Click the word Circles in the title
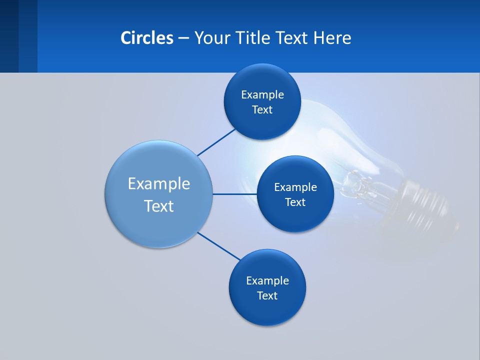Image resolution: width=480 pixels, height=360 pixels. point(146,38)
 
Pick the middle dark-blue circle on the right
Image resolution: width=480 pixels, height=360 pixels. point(295,217)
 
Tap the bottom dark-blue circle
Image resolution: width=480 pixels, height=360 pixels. point(267,310)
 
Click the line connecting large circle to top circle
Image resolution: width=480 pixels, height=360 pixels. point(216,142)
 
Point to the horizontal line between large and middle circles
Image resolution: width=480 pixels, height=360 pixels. point(234,194)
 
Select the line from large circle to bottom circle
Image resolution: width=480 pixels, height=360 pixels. point(218,246)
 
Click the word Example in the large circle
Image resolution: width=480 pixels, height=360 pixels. point(159,183)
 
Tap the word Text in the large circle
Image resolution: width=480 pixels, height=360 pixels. point(159,206)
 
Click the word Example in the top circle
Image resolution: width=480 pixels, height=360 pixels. point(262,94)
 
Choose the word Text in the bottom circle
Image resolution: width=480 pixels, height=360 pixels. point(267,295)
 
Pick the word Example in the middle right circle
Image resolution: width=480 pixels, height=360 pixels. point(295,187)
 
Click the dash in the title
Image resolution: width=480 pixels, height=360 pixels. point(183,38)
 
